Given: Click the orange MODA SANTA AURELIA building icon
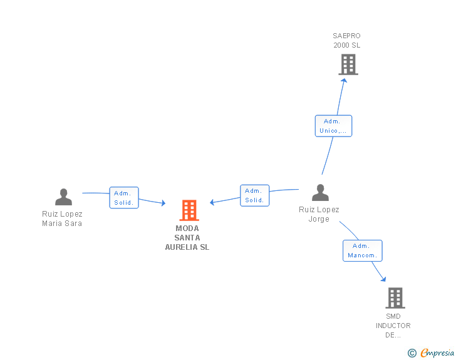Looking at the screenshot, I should click(x=189, y=210).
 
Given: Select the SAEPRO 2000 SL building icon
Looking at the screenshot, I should click(x=348, y=64).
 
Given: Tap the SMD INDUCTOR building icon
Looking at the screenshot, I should click(x=395, y=298).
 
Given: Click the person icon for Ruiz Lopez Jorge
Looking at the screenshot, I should click(x=320, y=193).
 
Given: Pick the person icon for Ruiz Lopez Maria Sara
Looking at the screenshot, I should click(x=63, y=197).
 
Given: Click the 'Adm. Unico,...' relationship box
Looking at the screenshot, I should click(x=333, y=126).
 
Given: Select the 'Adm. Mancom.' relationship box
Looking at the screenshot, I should click(x=362, y=250).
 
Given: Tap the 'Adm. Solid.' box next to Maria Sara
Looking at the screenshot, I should click(x=123, y=198).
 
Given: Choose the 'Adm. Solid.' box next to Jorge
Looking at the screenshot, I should click(x=254, y=195).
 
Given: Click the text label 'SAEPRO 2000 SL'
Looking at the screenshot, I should click(x=346, y=41).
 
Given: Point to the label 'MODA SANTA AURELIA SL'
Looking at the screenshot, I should click(x=187, y=238).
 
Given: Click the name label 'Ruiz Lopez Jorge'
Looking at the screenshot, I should click(x=319, y=214).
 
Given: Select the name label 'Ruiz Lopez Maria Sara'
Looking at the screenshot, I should click(x=62, y=219).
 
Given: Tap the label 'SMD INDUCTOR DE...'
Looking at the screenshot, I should click(x=393, y=326).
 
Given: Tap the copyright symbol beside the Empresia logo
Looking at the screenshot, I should click(x=412, y=353).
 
